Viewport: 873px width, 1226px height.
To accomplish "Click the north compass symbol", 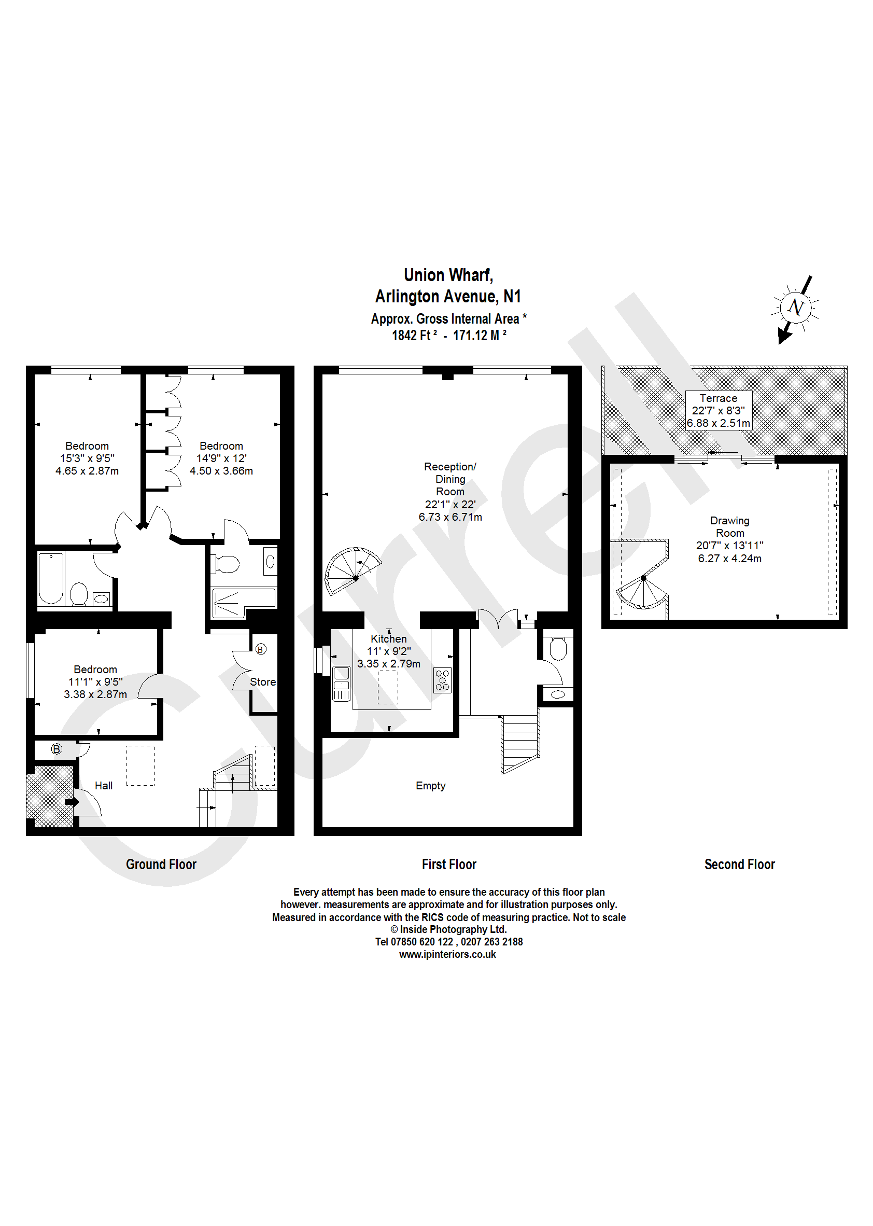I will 795,308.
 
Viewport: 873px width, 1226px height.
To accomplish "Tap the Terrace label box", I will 718,410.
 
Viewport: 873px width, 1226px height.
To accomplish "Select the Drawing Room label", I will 729,526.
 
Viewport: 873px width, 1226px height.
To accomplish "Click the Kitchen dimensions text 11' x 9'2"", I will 388,651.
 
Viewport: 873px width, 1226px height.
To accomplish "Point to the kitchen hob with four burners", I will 442,680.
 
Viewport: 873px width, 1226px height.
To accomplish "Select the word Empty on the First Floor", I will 430,786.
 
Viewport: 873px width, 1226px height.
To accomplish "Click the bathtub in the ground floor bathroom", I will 51,578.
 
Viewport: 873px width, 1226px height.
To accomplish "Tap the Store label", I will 262,682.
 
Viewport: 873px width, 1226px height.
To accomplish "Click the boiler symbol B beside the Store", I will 260,650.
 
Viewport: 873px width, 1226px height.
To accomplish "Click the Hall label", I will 103,786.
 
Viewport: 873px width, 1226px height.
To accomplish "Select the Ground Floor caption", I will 161,864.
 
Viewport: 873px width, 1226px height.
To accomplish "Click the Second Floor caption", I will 739,864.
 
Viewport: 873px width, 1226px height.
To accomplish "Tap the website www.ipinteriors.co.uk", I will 447,954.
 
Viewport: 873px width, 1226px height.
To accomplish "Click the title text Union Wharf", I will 448,275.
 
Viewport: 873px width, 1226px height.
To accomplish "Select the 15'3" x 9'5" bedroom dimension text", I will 87,458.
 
